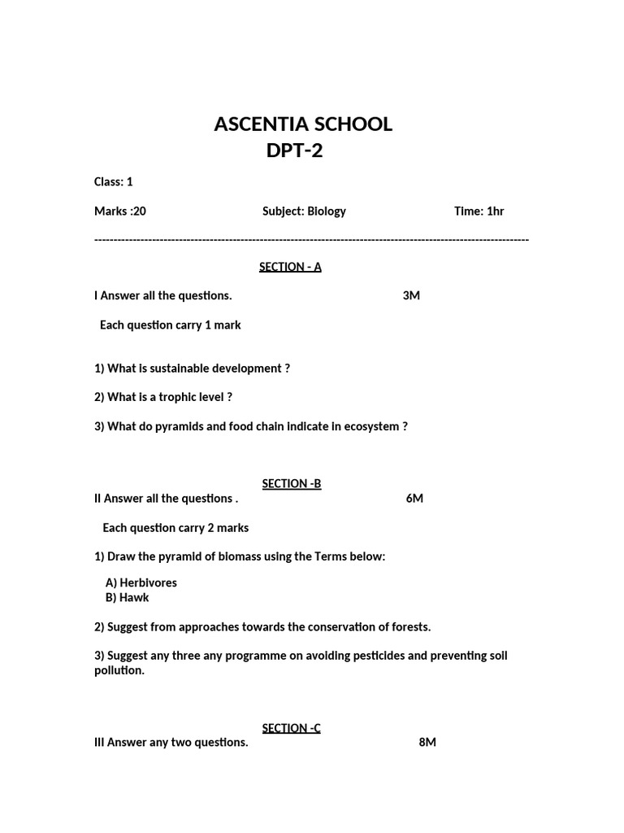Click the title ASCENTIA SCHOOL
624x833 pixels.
coord(302,124)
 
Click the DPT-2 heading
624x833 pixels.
coord(294,150)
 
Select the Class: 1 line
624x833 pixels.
coord(113,181)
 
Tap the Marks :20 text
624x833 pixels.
coord(120,211)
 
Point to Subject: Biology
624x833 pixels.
coord(304,211)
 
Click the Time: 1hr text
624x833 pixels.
coord(479,211)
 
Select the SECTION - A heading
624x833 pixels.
coord(290,267)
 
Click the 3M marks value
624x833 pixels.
coord(411,295)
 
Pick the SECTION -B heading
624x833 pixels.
coord(292,483)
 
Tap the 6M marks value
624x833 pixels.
coord(414,498)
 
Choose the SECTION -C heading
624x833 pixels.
coord(291,727)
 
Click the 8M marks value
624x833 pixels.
coord(427,742)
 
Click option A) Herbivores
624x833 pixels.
coord(141,582)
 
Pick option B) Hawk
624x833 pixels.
coord(128,597)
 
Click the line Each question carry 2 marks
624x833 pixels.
coord(175,527)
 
